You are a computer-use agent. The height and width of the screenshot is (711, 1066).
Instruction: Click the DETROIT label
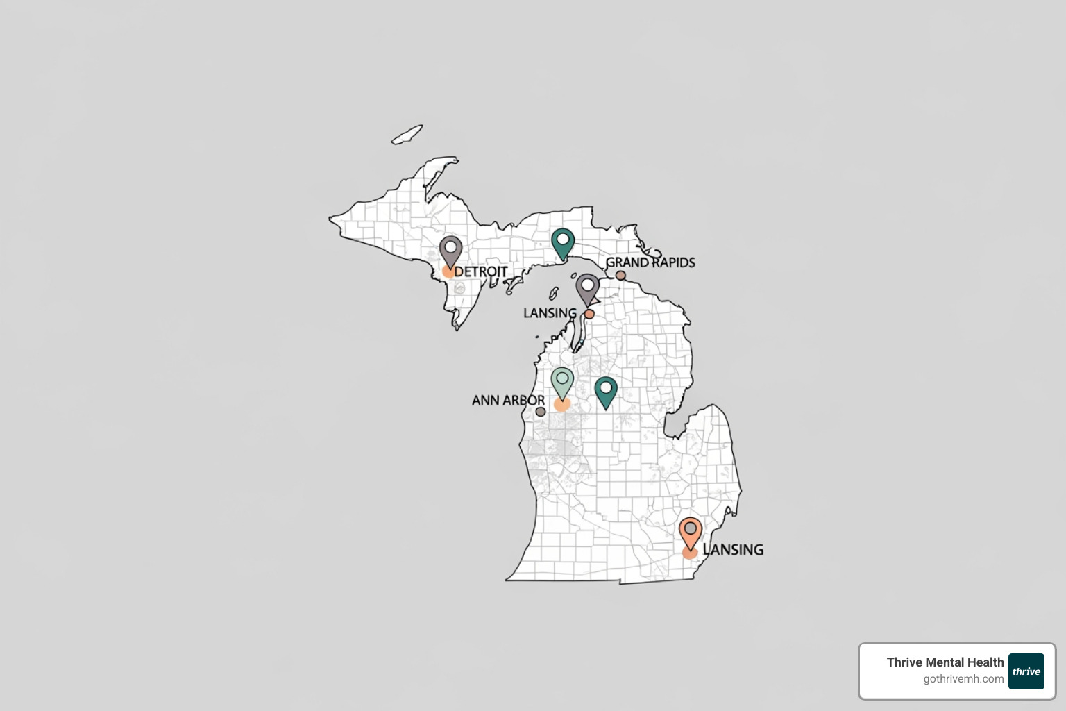481,271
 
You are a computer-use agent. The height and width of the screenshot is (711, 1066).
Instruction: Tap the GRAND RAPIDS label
650,262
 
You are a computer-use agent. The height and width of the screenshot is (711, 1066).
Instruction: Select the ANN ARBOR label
508,401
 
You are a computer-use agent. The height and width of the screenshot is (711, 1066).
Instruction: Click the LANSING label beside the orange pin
734,550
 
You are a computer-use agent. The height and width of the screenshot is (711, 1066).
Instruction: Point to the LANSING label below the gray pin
550,313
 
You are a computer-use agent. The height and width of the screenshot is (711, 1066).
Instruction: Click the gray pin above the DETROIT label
450,250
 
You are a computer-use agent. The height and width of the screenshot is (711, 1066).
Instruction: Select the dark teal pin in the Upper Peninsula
563,242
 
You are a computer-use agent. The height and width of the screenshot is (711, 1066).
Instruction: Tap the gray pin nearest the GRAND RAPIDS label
588,287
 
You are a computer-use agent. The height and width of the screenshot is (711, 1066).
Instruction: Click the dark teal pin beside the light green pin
606,390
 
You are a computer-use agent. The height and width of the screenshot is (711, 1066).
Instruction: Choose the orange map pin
691,531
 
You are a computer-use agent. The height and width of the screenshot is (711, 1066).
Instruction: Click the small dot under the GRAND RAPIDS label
620,276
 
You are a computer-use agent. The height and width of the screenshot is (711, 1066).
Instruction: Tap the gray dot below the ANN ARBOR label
541,412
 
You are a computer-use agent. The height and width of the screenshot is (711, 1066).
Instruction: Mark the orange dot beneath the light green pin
562,405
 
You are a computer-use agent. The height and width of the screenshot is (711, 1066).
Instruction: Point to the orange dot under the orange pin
689,553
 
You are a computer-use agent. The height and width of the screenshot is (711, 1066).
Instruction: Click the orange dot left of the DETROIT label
448,271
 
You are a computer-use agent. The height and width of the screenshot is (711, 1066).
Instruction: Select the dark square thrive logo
1026,671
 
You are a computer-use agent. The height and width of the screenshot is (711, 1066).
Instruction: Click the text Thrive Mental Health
945,662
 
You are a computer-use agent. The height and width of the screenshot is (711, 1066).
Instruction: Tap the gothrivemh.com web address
963,679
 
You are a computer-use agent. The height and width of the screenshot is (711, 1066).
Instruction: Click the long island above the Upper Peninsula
407,135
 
